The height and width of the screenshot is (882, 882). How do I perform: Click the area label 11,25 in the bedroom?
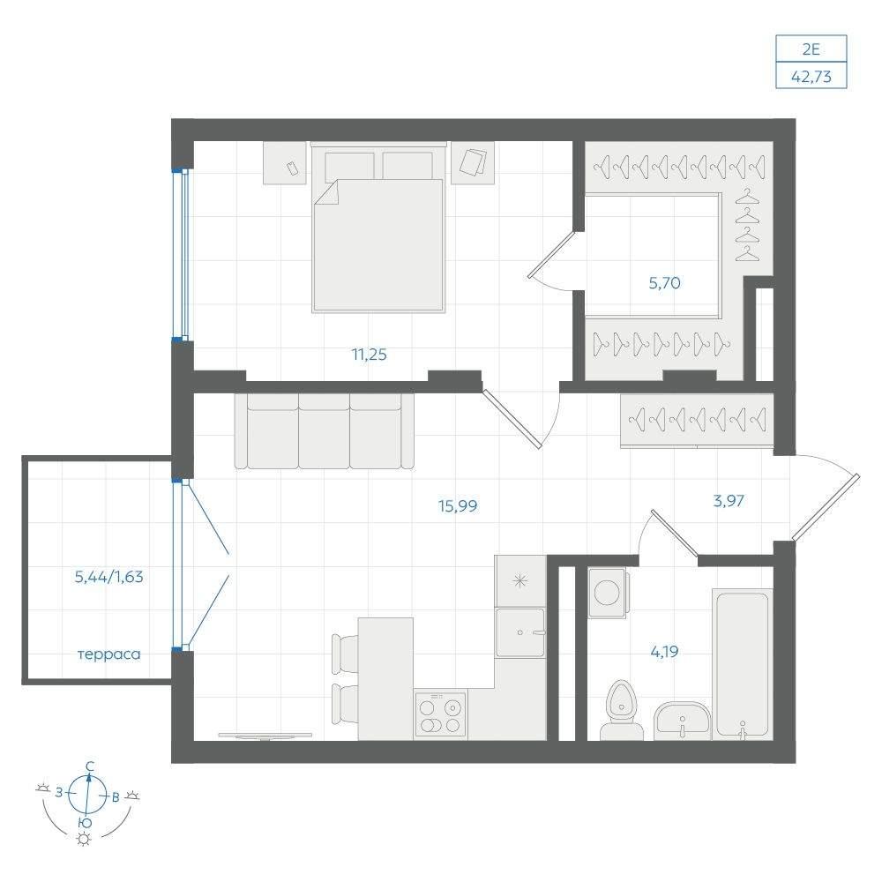point(369,355)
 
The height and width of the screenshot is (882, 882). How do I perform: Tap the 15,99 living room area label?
point(458,505)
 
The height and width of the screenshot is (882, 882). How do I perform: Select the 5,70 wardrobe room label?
point(664,283)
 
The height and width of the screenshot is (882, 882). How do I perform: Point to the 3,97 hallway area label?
point(729,500)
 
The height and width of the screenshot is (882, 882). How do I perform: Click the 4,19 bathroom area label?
point(664,652)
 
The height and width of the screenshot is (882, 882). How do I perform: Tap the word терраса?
point(108,654)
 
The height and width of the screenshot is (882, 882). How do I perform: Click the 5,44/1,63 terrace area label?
point(108,577)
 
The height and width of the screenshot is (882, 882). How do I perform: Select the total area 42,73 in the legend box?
point(811,76)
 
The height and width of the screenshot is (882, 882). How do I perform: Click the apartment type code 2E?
point(811,49)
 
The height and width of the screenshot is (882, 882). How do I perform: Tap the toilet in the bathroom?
point(622,710)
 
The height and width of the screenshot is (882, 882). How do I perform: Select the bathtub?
point(742,664)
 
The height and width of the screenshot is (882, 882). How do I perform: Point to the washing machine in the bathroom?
point(607,593)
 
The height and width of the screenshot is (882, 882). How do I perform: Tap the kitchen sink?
point(520,632)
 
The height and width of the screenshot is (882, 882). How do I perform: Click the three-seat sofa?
point(324,431)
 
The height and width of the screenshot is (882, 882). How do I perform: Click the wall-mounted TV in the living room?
point(265,736)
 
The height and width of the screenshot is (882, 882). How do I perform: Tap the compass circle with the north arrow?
point(86,795)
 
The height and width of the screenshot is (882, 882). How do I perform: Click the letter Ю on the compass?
point(85,823)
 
